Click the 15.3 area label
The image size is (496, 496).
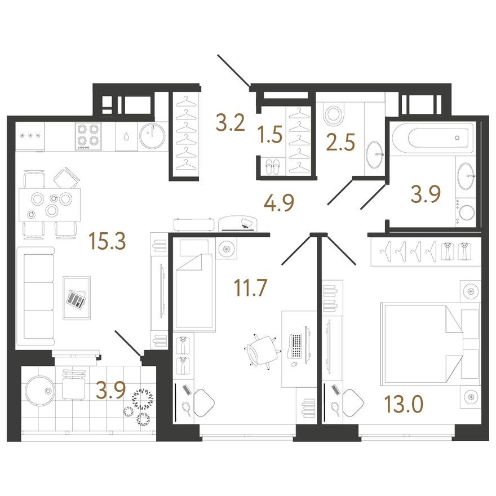(x=108, y=241)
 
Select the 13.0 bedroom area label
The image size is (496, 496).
(x=404, y=404)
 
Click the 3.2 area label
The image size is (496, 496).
(x=231, y=123)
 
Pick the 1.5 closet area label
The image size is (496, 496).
(x=269, y=134)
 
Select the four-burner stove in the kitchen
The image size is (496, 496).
(x=88, y=136)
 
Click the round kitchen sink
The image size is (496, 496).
(x=153, y=136)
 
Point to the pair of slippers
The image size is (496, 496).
(x=272, y=167)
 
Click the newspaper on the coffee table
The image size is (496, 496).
(x=76, y=299)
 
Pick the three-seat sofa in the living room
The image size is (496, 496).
(x=36, y=296)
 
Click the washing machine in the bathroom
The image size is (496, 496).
(x=466, y=212)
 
